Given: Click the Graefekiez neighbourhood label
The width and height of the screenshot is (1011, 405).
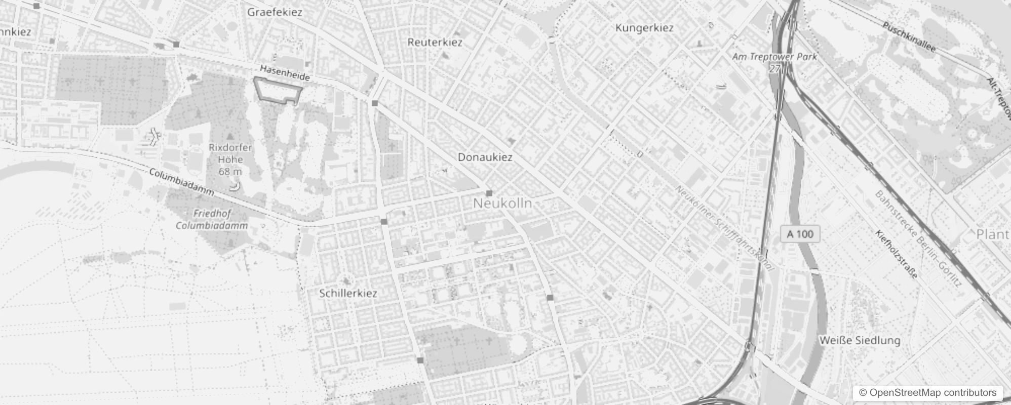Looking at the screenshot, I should (275, 12).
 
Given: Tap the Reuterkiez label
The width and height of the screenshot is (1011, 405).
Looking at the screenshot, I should (435, 42).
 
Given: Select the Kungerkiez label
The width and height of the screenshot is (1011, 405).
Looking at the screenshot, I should (644, 28).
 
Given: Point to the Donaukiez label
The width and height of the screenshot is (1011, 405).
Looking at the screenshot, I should (485, 157).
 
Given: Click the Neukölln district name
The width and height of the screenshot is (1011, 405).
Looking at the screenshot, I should (502, 204).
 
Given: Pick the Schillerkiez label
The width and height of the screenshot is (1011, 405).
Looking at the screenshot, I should (348, 293).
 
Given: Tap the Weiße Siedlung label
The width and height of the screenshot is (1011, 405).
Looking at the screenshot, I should (860, 340).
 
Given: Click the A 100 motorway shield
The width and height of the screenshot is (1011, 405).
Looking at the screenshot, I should (800, 234).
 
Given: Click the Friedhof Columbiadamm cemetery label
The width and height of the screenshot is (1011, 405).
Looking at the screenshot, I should (212, 220).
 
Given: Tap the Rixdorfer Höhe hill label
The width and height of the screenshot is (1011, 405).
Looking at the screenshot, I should (230, 159).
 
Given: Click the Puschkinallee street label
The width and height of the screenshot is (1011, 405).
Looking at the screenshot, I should (909, 36).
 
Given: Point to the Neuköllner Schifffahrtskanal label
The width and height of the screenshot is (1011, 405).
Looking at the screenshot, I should (725, 228).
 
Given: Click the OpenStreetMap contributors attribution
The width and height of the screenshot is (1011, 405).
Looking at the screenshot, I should (927, 392).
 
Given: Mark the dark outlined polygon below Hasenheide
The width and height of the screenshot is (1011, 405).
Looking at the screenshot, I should (277, 91).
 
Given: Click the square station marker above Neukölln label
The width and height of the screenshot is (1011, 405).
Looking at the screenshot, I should (489, 193).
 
